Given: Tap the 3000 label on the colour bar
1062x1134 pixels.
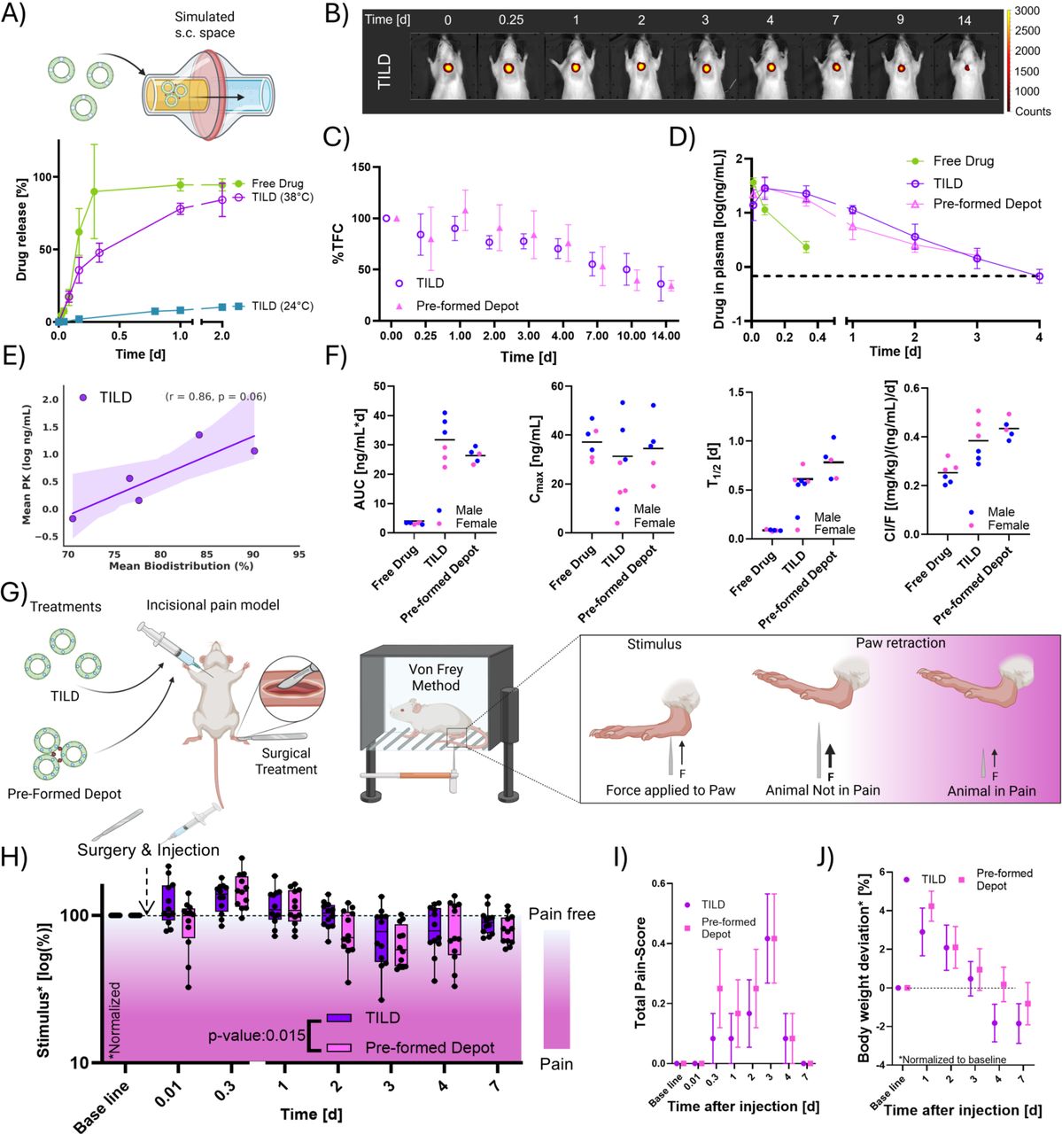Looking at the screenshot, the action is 1027,11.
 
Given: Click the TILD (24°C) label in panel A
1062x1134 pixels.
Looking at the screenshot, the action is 282,306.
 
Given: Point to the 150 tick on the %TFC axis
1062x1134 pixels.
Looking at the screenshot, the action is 361,167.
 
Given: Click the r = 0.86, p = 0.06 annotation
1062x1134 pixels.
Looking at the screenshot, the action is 216,396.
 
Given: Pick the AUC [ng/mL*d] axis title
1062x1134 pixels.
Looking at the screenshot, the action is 360,460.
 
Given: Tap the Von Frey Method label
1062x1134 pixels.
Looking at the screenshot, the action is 436,677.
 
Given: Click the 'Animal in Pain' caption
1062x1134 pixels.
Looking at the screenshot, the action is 991,791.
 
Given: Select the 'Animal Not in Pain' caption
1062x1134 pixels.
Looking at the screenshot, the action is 822,790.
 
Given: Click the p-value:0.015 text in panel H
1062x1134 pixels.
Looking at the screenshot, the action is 256,1035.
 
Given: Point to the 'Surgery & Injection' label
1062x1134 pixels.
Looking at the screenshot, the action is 148,850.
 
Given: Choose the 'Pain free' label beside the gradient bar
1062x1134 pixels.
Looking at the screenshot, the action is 562,914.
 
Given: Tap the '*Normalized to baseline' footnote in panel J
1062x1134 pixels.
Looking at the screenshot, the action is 952,1060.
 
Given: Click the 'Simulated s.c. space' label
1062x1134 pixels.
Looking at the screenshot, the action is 205,25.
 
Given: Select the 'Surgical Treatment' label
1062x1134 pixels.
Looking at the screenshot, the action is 285,761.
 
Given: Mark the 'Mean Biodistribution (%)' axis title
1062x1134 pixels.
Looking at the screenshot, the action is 181,565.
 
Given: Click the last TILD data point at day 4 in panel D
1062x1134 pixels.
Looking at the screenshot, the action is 1039,276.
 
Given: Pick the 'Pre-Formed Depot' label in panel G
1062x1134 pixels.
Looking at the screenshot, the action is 64,794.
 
